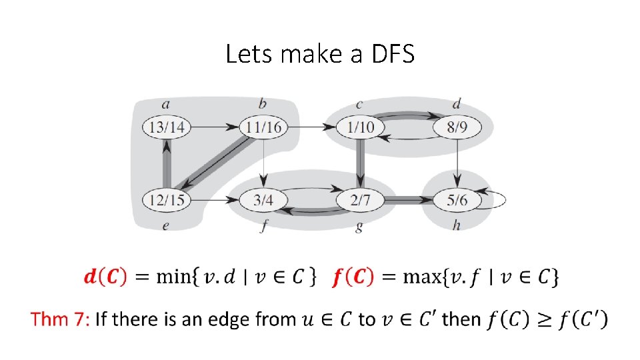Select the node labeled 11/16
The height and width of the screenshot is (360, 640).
click(x=263, y=127)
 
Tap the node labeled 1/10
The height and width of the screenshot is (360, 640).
click(x=360, y=127)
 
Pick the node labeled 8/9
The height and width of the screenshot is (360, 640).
click(x=457, y=127)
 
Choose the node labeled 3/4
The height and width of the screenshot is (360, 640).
click(x=263, y=199)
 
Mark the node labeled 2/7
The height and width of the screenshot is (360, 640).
click(x=360, y=199)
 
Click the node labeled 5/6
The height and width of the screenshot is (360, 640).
click(x=457, y=199)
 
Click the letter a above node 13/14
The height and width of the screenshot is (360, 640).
click(x=166, y=103)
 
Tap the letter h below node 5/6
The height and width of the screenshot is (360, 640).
click(x=457, y=225)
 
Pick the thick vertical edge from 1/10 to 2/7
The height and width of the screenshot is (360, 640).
click(x=360, y=163)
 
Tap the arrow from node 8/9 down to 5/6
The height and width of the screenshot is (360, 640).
click(x=457, y=163)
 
